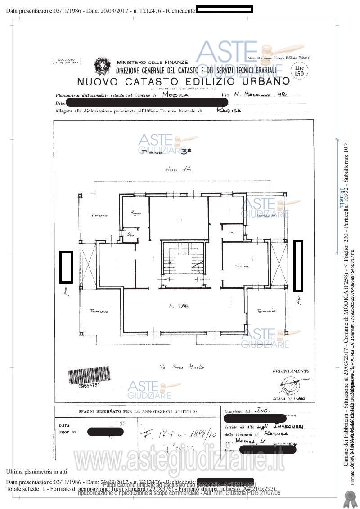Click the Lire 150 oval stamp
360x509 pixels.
coord(298,71)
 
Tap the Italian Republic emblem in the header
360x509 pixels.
coord(102,67)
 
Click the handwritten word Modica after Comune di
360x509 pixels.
coord(175,95)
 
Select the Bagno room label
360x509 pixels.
coord(135,212)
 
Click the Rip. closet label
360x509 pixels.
coord(131,234)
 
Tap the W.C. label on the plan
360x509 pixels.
coord(233,232)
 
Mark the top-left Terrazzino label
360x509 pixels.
coord(98,215)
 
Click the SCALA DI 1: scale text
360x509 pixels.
coord(292,399)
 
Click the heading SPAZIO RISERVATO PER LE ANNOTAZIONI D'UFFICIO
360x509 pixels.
coord(138,411)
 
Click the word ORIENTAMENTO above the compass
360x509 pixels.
coord(291,371)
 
